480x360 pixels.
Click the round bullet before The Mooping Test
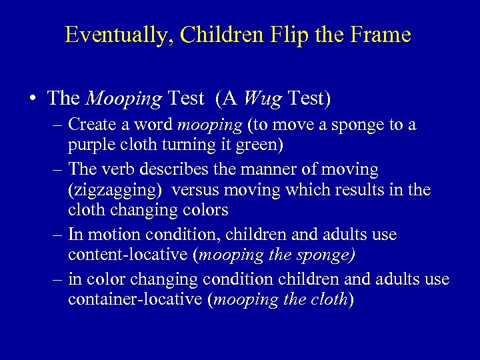point(33,99)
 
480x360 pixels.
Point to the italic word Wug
point(262,99)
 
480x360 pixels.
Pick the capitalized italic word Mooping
point(124,99)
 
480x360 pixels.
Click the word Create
point(91,125)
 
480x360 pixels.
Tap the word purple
point(90,145)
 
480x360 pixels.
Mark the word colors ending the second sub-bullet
point(205,210)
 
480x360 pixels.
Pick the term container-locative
point(135,299)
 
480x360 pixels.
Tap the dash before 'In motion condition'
point(57,235)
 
